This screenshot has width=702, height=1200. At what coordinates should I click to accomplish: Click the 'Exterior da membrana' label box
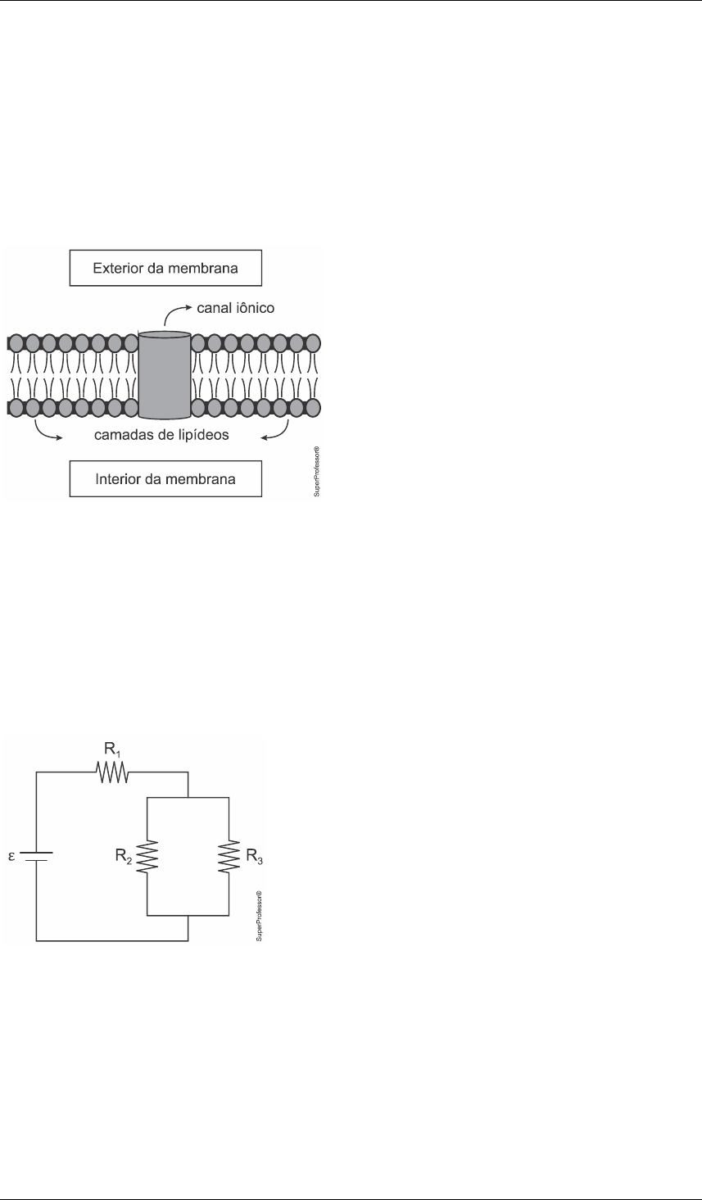coord(165,269)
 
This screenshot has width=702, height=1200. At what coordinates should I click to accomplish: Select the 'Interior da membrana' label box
coord(165,478)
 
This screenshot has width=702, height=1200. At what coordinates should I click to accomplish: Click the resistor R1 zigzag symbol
coord(111,772)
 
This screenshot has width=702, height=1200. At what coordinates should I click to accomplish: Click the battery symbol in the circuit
coord(36,856)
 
